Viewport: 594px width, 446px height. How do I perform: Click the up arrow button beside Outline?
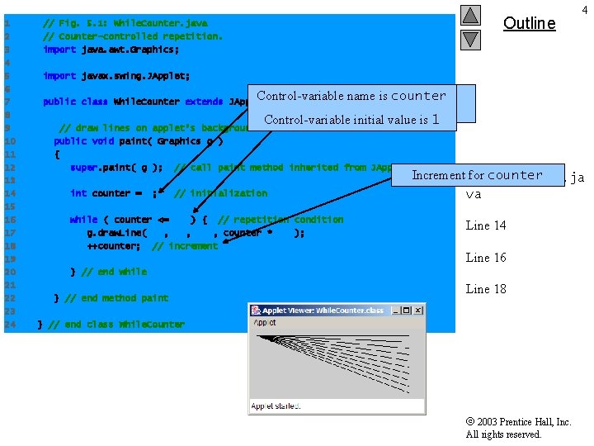[x=469, y=15]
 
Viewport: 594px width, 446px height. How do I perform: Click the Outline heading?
[x=529, y=23]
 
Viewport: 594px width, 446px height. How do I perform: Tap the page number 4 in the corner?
[x=584, y=9]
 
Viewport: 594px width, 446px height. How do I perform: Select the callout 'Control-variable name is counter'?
[x=351, y=96]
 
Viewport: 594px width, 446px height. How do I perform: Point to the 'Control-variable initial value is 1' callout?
[x=351, y=119]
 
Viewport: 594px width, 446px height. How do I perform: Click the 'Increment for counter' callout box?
[x=477, y=175]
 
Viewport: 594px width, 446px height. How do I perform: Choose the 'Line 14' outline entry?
[x=486, y=225]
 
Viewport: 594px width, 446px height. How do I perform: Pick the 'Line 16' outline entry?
[x=486, y=258]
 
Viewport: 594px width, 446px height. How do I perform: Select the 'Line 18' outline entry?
[x=486, y=289]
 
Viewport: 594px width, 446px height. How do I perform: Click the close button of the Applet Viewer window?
[x=418, y=311]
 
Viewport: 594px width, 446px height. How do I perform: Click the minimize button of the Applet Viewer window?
[x=397, y=311]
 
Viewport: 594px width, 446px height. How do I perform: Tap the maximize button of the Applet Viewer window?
[x=408, y=311]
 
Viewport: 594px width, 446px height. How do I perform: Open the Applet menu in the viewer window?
[x=265, y=323]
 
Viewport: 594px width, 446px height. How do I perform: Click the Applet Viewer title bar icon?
[x=256, y=311]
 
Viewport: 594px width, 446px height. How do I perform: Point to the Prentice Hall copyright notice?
[x=518, y=428]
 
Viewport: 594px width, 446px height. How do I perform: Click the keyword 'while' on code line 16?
[x=83, y=220]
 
